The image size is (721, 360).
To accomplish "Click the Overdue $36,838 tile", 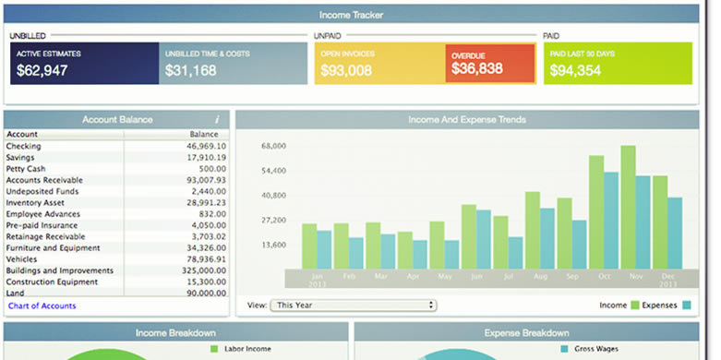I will click(x=489, y=63).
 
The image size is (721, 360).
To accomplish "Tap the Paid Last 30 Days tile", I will click(x=617, y=63).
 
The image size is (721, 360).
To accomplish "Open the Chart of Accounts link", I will click(x=42, y=306).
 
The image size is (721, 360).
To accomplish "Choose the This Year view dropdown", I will click(x=353, y=305).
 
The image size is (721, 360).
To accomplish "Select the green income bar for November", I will click(x=628, y=207).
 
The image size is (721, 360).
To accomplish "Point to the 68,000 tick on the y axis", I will click(x=274, y=146).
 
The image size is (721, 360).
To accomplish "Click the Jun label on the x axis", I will click(x=476, y=276).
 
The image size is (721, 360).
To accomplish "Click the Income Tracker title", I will click(x=350, y=16).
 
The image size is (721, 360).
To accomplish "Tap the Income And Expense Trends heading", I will click(x=467, y=119).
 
